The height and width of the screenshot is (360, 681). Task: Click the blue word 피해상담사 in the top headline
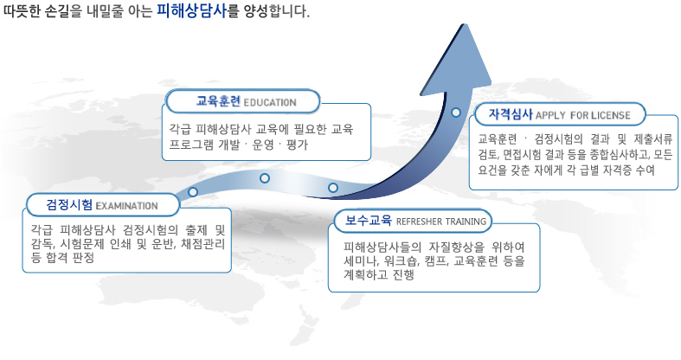tap(191, 11)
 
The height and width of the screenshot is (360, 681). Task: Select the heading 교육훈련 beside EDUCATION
tap(218, 101)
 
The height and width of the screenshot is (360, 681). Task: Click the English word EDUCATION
tap(270, 102)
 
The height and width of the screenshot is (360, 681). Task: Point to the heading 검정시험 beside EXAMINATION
tap(69, 204)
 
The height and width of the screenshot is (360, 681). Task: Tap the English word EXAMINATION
tap(126, 206)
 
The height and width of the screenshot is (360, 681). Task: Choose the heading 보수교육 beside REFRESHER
tap(369, 220)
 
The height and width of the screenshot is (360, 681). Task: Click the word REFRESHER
tap(419, 222)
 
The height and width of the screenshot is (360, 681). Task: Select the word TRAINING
tap(466, 222)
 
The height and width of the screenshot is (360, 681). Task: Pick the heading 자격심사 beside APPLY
tap(511, 114)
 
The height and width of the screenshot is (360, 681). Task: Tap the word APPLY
tap(550, 115)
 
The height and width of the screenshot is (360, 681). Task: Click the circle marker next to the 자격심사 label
tap(456, 112)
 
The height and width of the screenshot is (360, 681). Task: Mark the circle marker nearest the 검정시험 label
tap(193, 191)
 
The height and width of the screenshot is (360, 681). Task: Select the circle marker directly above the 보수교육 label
tap(332, 188)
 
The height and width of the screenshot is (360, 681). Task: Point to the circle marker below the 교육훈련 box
tap(265, 178)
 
